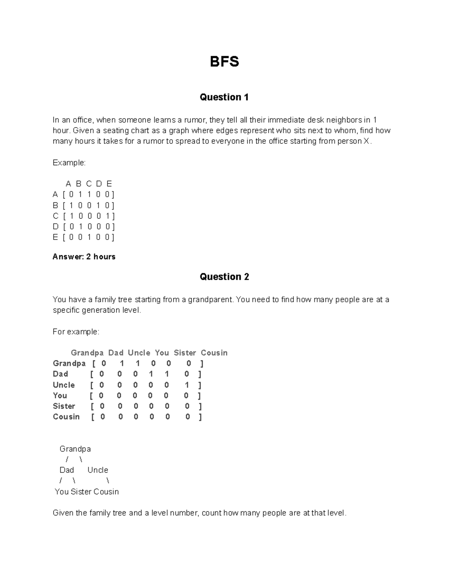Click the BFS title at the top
click(x=224, y=61)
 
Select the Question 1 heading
click(x=224, y=97)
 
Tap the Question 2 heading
click(x=224, y=277)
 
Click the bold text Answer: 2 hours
click(x=84, y=257)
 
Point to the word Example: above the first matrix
click(x=69, y=163)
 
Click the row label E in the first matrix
click(x=55, y=237)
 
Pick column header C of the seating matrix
click(x=89, y=184)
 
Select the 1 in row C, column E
click(x=108, y=216)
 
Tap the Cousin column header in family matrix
click(x=214, y=353)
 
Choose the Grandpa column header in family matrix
click(x=87, y=353)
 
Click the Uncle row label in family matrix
click(x=64, y=385)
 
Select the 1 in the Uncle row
click(x=187, y=385)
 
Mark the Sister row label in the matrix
click(x=64, y=406)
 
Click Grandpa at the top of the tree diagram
click(x=75, y=449)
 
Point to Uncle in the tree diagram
click(x=98, y=470)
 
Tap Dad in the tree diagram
click(x=67, y=470)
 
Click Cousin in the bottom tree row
click(x=106, y=492)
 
